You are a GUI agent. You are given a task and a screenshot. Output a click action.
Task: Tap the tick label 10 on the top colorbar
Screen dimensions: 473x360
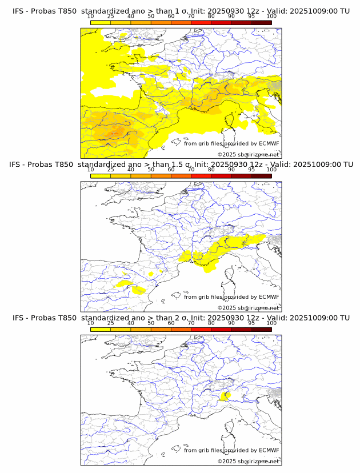tap(91, 16)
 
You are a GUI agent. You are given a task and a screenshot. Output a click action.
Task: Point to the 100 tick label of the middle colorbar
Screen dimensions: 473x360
tap(271, 170)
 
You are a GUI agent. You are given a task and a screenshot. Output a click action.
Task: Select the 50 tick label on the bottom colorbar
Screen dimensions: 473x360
tap(151, 323)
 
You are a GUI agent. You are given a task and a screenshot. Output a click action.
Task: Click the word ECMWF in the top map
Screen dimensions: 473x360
tap(269, 143)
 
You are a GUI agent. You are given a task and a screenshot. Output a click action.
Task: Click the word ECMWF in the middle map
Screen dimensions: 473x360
tap(269, 296)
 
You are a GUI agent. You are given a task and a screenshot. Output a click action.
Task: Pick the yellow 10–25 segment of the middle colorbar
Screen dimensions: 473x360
tap(101, 176)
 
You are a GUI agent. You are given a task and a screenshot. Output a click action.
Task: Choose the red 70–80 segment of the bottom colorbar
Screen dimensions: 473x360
tap(201, 329)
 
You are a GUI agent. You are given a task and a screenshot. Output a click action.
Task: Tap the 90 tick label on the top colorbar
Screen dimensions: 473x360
tap(231, 16)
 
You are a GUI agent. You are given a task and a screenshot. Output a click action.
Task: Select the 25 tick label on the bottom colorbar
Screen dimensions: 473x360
tap(111, 323)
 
